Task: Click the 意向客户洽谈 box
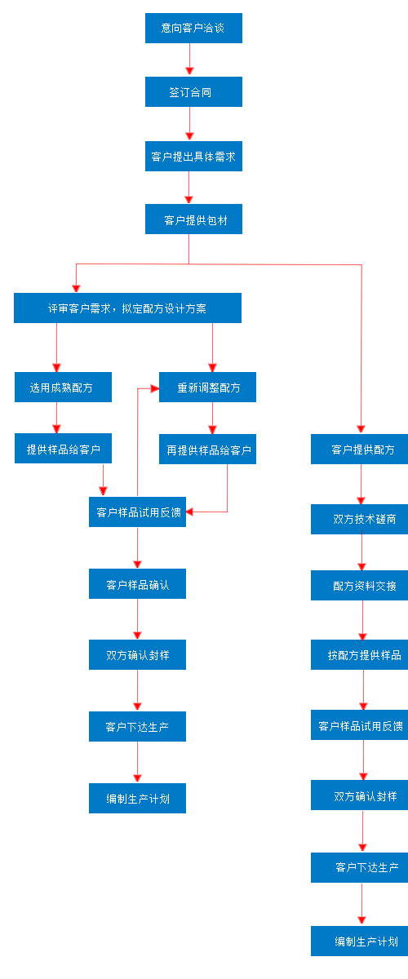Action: click(x=193, y=28)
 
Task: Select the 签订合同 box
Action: click(x=193, y=92)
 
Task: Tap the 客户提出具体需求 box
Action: click(x=193, y=156)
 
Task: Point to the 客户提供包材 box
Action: click(x=193, y=219)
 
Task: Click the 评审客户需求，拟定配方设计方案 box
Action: click(x=127, y=308)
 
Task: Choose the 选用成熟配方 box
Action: click(x=63, y=387)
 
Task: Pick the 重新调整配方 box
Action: click(x=207, y=387)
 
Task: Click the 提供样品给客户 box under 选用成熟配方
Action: click(x=63, y=449)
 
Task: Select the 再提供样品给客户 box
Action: click(x=207, y=449)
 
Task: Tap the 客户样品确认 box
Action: click(x=137, y=584)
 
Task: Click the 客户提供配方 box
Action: click(x=359, y=450)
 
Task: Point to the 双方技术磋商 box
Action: click(x=359, y=519)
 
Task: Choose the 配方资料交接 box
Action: click(x=359, y=586)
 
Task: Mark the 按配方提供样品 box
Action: click(x=359, y=655)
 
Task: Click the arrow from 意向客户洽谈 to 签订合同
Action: click(x=190, y=60)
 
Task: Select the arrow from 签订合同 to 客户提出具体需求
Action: click(x=190, y=123)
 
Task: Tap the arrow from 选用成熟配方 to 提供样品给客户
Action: click(x=56, y=418)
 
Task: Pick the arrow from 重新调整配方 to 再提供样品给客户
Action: click(x=213, y=418)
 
